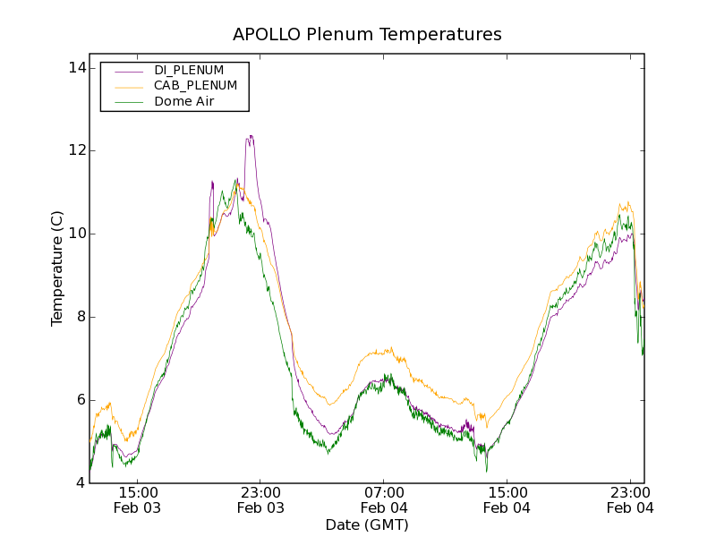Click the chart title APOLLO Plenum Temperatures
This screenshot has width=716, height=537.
click(367, 35)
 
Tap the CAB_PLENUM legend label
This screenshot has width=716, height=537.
click(195, 86)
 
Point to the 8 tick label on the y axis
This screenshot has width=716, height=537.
click(80, 317)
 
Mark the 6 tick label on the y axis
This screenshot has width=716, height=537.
click(80, 400)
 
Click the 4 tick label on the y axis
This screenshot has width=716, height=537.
click(80, 483)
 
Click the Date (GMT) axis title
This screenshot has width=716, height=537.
click(367, 524)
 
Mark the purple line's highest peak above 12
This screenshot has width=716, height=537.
click(251, 136)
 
